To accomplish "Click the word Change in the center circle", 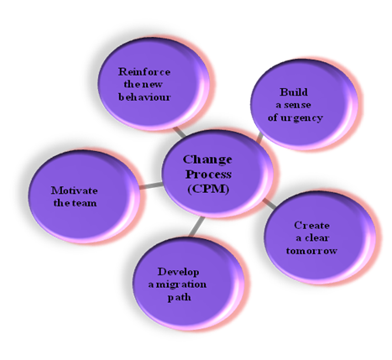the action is coord(207,160).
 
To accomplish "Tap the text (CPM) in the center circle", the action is coord(208,189).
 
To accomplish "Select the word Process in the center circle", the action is coord(208,175).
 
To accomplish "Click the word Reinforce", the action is coord(144,72).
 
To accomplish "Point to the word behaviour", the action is coord(144,97).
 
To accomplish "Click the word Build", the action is coord(294,92).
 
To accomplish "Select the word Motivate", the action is coord(75,190).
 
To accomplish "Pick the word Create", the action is coord(311,225).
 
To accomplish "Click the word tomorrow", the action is coord(311,250).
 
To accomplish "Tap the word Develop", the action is coord(179,272).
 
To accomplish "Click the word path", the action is coord(180,297).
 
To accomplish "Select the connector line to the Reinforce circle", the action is coord(180,132).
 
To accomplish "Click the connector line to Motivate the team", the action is coord(150,185).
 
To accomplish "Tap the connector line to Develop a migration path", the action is coord(197,227).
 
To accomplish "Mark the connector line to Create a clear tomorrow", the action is coord(269,203).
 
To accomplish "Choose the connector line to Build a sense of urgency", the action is coord(260,137).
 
